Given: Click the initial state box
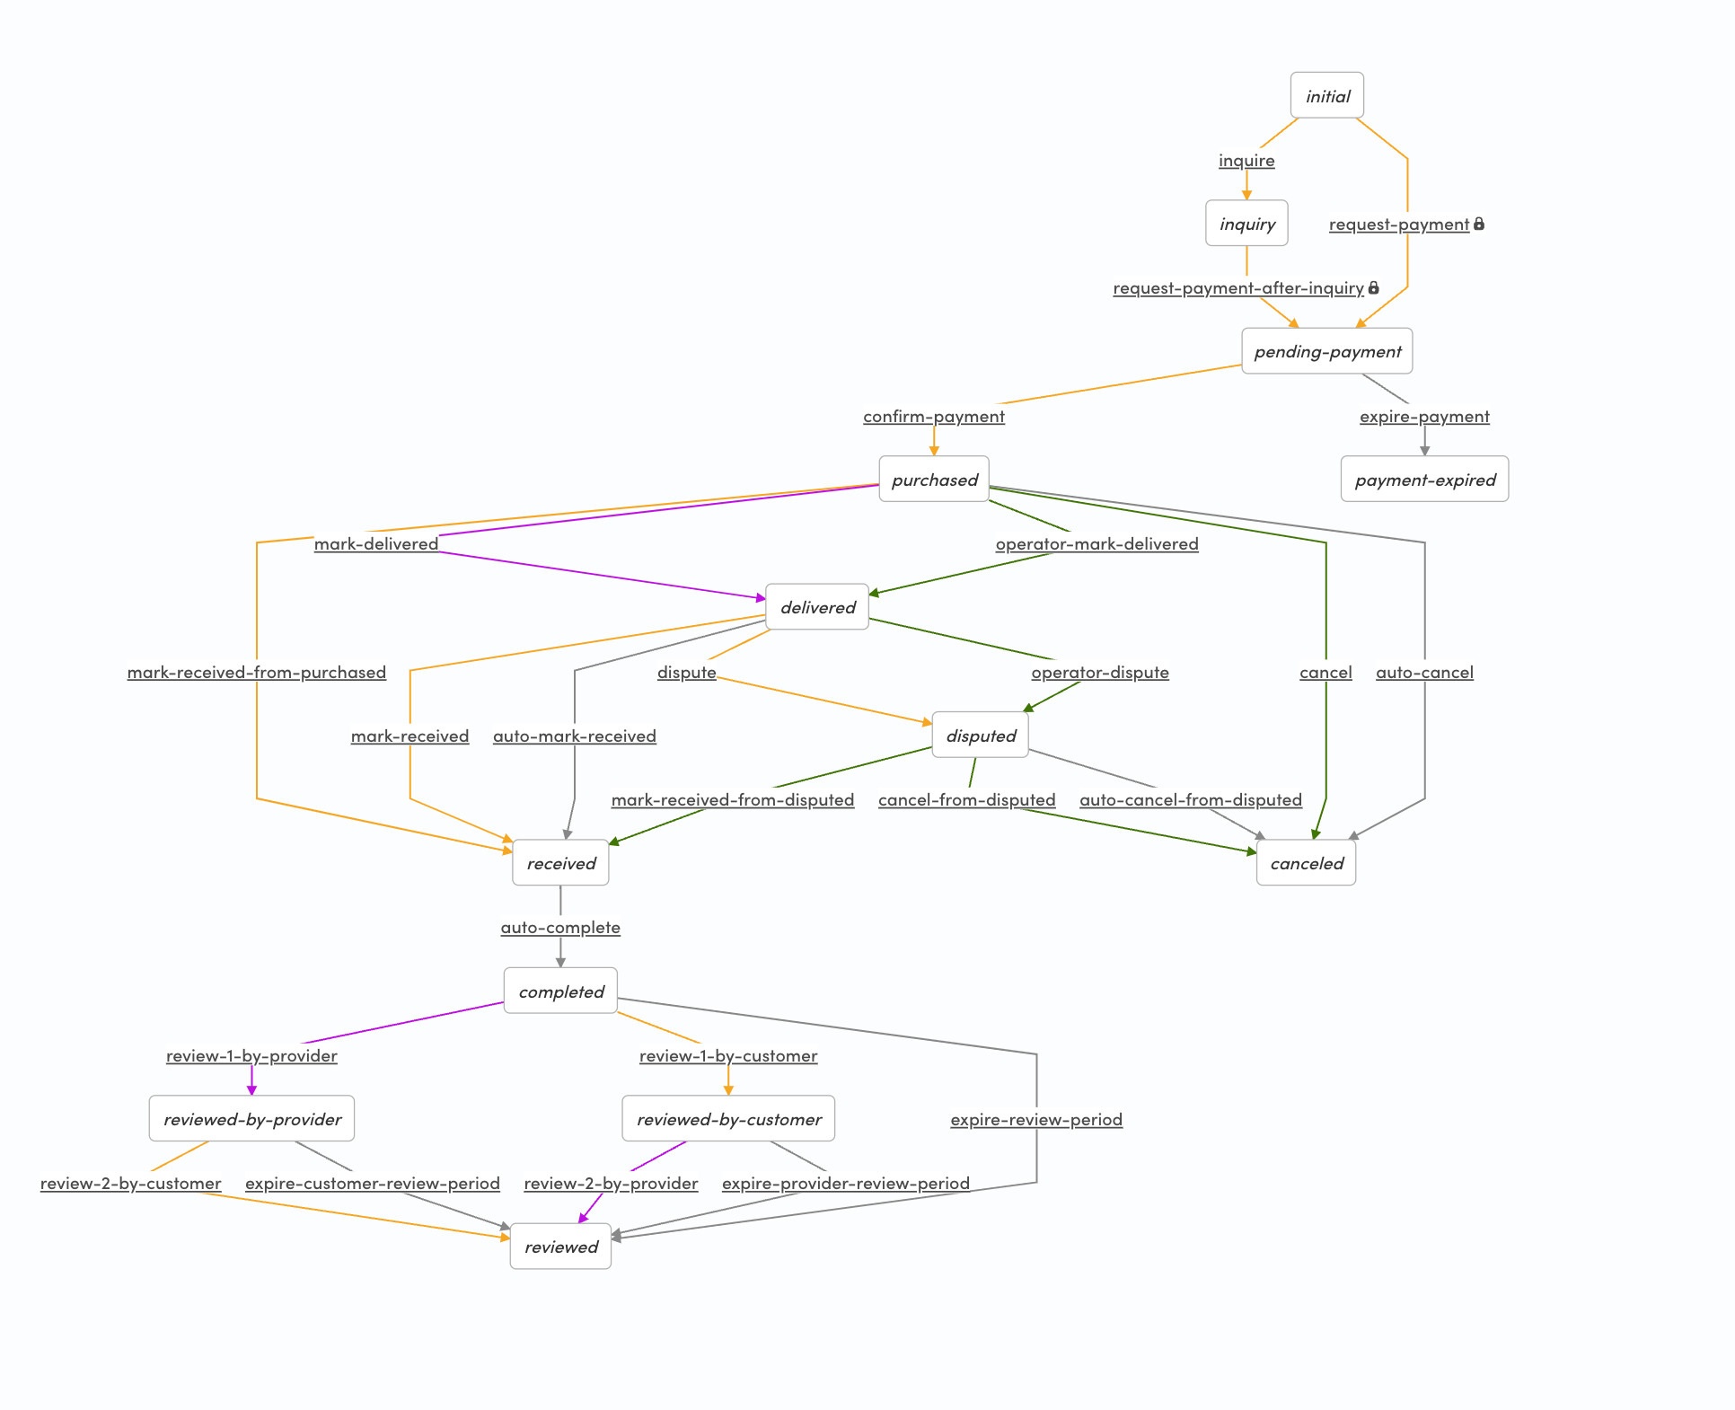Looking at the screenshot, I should coord(1326,95).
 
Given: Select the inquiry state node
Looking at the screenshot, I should coord(1246,224).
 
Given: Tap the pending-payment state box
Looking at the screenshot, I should coord(1326,351).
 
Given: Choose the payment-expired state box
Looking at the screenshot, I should coord(1424,480).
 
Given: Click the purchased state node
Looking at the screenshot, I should coord(934,480).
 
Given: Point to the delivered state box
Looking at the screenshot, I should coord(817,607).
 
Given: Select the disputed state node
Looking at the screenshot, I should coord(981,736).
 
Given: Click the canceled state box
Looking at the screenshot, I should coord(1306,863).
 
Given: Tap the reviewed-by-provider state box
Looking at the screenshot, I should coord(251,1119).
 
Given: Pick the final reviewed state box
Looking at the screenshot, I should coord(560,1247).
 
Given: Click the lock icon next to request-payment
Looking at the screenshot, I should coord(1479,224).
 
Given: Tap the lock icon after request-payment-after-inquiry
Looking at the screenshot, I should coord(1373,287).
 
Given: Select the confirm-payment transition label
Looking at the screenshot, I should coord(934,416).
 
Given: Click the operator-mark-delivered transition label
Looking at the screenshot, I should coord(1096,543).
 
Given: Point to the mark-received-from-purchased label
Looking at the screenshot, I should coord(256,672).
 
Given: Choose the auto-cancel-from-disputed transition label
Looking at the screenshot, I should coord(1190,799).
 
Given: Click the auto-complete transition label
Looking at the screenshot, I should coord(560,927).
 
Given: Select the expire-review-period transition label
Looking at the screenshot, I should coord(1036,1119).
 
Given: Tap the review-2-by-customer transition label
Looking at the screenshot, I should coord(130,1183).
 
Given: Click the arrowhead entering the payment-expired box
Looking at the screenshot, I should coord(1424,451).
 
